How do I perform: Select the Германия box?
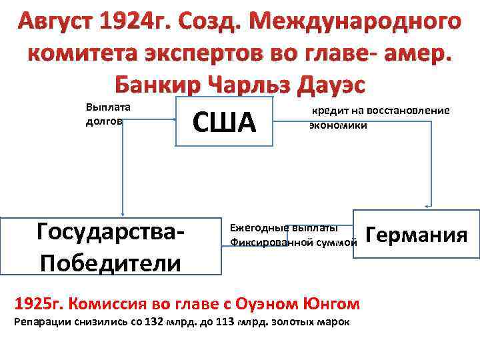(417, 235)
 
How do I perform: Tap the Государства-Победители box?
(111, 246)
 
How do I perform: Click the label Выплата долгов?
(108, 114)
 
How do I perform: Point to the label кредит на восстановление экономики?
(379, 117)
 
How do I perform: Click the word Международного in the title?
(365, 22)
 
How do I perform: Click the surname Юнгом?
(325, 304)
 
